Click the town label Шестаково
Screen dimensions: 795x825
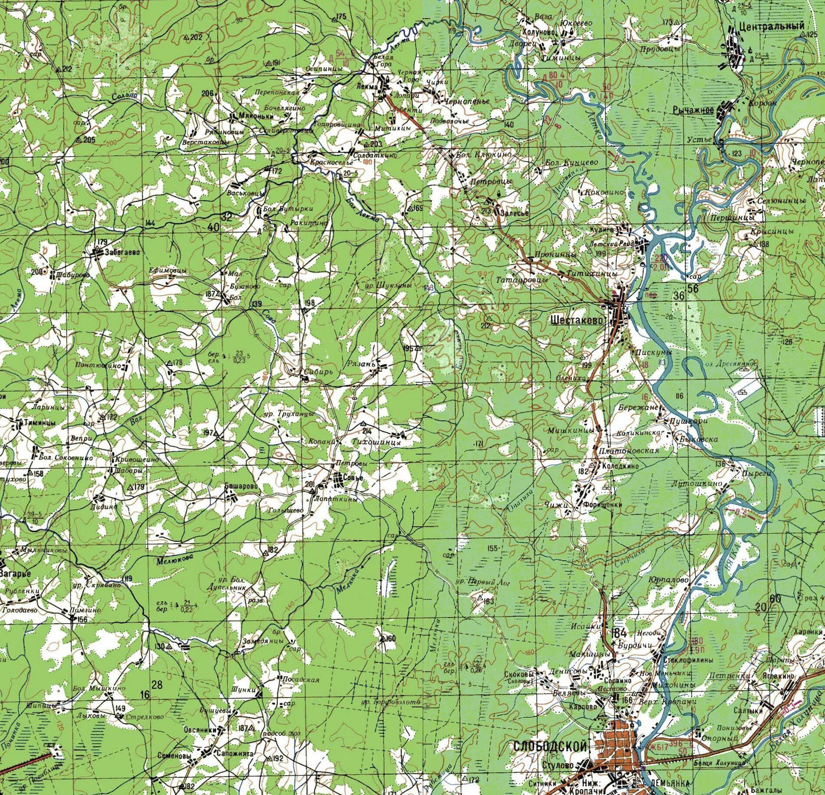click(x=577, y=320)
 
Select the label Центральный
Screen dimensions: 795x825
click(x=772, y=26)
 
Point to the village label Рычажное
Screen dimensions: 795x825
click(x=693, y=110)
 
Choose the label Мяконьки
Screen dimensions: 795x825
click(x=256, y=116)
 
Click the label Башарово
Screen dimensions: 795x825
click(x=241, y=486)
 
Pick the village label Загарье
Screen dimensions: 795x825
click(x=15, y=573)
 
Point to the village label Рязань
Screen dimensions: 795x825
click(x=361, y=364)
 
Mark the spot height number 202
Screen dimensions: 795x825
click(x=196, y=37)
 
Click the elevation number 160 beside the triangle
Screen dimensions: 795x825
click(x=391, y=638)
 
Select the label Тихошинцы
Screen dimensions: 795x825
click(x=376, y=442)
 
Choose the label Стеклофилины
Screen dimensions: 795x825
click(x=688, y=659)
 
